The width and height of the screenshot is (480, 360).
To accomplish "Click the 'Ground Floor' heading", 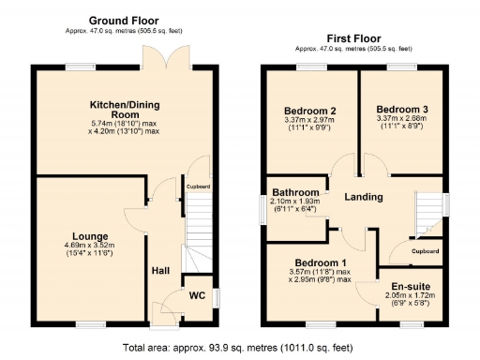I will pyautogui.click(x=123, y=20).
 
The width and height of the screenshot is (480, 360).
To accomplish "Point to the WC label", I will pyautogui.click(x=197, y=295).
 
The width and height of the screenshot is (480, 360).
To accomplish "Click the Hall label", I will pyautogui.click(x=160, y=271).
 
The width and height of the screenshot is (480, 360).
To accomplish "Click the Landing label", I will pyautogui.click(x=362, y=197).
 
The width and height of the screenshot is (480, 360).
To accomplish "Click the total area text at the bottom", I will pyautogui.click(x=239, y=347).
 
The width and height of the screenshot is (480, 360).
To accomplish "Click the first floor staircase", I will pyautogui.click(x=429, y=214).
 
